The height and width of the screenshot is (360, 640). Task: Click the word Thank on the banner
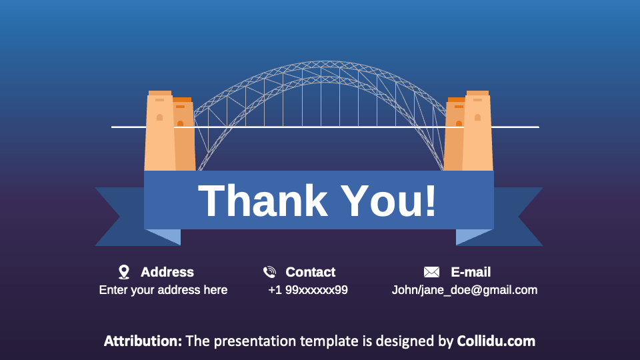coord(263,200)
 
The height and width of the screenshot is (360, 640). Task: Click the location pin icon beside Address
coord(123,271)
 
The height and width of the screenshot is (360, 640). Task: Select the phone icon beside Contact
coord(269,271)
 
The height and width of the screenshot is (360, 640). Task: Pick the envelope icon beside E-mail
coord(431,272)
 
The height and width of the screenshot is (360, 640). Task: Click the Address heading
coord(167,272)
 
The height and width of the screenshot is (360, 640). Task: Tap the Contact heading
coord(311,272)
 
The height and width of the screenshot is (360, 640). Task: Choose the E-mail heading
coord(471,272)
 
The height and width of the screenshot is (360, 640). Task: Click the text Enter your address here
coord(163,290)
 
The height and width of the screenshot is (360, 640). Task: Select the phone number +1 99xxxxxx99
coord(308,290)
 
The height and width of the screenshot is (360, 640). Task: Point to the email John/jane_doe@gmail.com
coord(465,290)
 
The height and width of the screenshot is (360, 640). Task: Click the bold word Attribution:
coord(143,341)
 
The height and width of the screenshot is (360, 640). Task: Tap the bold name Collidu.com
coord(496,341)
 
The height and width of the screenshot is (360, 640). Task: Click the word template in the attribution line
coord(327,341)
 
